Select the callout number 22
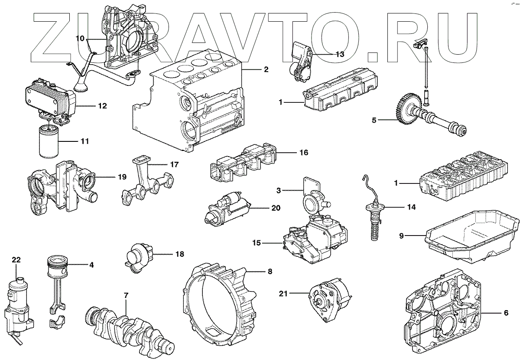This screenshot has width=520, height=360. click(16, 260)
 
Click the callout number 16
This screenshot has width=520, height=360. click(303, 153)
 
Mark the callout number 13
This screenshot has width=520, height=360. click(339, 54)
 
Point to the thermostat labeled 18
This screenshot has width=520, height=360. click(138, 256)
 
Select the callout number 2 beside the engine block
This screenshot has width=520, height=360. click(266, 69)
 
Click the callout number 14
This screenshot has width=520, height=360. click(411, 208)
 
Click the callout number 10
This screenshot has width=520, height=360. click(80, 38)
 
